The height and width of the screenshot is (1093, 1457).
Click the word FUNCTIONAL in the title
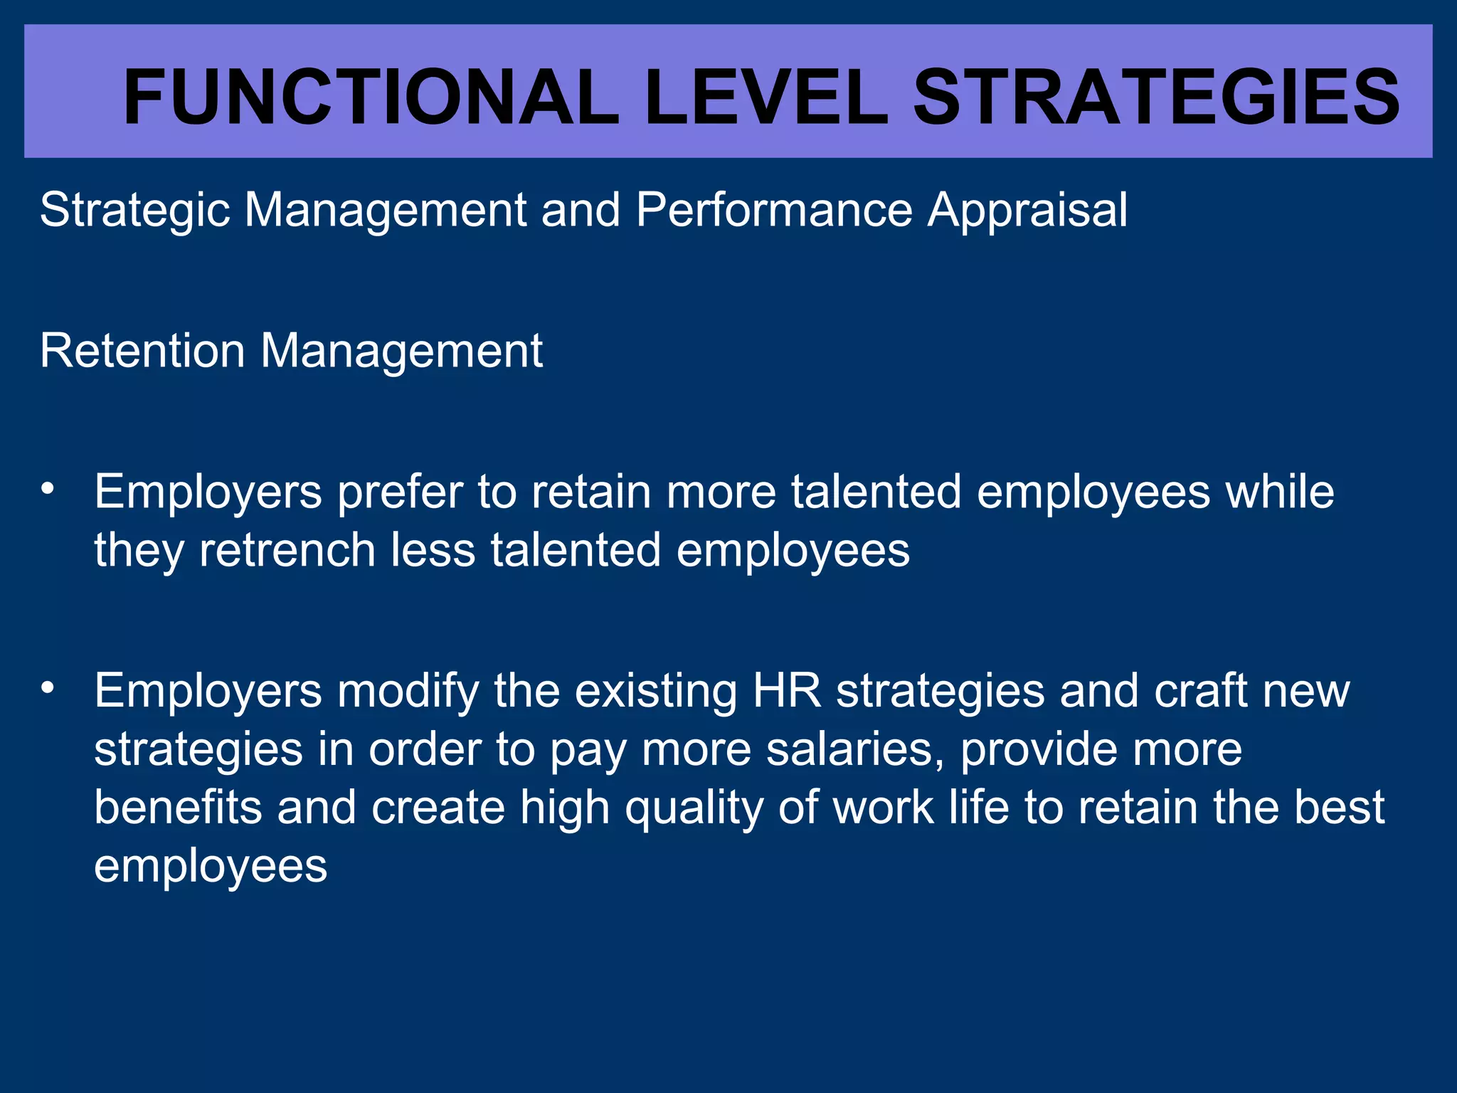(370, 97)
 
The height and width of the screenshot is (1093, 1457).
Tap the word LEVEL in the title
(765, 97)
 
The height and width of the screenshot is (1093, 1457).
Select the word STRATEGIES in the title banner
(1156, 97)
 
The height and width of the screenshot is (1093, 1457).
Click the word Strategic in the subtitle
(134, 211)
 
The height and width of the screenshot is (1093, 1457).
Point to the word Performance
(774, 211)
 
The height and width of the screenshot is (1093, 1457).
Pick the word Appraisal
(1027, 211)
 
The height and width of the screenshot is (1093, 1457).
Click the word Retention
(142, 351)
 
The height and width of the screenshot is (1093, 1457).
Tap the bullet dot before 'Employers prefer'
(48, 488)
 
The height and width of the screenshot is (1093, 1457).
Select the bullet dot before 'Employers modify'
(48, 687)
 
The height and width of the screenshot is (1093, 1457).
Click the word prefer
(400, 492)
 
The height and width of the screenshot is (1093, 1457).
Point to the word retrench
(287, 550)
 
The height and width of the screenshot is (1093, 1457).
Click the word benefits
(178, 808)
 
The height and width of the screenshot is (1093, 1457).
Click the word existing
(655, 692)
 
